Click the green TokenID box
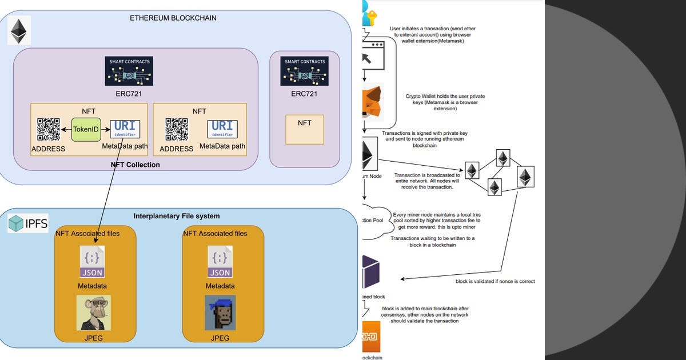[86, 130]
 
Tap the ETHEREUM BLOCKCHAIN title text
[173, 18]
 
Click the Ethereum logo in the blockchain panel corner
[20, 31]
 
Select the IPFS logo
[28, 223]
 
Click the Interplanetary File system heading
[177, 216]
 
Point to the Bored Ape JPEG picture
[93, 313]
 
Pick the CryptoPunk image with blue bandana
[220, 313]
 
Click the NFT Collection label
[135, 165]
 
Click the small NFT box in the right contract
[305, 129]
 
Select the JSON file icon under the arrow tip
[93, 262]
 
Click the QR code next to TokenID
[49, 130]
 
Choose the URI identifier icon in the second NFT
[222, 129]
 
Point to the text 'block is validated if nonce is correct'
[495, 282]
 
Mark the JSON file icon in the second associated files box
[220, 262]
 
